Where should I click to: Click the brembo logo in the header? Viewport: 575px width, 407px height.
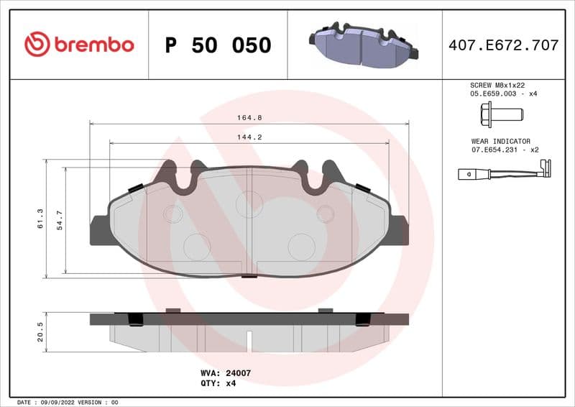[x=79, y=45]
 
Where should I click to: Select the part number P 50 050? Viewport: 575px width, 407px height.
[x=218, y=45]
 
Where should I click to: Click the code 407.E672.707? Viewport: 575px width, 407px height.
[x=503, y=45]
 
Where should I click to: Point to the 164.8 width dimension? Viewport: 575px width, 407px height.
[x=249, y=117]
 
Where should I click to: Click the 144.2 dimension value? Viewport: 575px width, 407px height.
[x=249, y=137]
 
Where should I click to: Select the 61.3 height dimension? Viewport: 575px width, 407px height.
[x=40, y=219]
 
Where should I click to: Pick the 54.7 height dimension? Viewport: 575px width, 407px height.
[x=60, y=219]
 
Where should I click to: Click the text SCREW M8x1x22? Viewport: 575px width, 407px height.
[x=494, y=85]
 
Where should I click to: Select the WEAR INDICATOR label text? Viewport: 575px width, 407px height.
[x=500, y=142]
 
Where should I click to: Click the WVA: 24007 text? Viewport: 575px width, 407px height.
[x=225, y=373]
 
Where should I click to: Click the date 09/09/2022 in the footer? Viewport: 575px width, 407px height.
[x=55, y=402]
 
